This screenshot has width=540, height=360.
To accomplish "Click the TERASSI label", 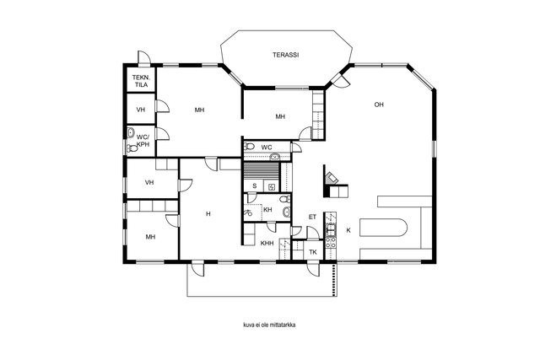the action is pos(285,55).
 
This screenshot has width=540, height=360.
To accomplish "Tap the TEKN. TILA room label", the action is pos(140,81).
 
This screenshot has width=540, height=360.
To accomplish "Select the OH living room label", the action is pos(379,105).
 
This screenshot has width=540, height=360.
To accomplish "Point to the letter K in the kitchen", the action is pos(348,230).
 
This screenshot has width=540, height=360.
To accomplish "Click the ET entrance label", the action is pos(312,218).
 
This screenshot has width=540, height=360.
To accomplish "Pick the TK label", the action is pos(313,252).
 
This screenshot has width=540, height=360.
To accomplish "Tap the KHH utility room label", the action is pos(267,244).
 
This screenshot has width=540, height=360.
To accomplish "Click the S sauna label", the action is pos(255,185).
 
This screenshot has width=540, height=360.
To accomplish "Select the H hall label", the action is pos(208,214).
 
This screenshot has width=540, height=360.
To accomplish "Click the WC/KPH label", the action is pos(143,141).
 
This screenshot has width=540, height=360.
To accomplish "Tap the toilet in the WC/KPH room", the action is pos(132,148).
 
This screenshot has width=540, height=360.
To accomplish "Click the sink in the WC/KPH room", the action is pos(131,132).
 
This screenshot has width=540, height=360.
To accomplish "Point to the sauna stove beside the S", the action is pos(272,187).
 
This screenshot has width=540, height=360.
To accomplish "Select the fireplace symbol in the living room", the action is pos(332,178).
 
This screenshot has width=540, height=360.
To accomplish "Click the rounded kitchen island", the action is pos(383,227).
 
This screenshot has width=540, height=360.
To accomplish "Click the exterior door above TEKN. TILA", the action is pos(144,58).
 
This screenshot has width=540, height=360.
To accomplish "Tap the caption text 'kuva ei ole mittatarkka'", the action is pos(269,325).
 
